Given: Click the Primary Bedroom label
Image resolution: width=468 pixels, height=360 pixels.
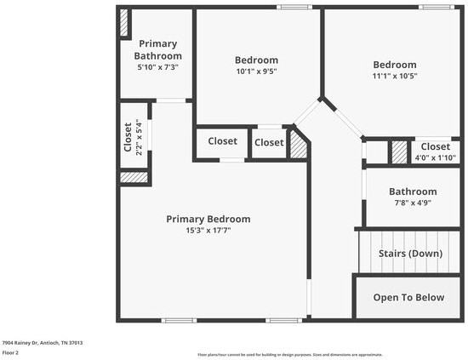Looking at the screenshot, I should click(208, 219).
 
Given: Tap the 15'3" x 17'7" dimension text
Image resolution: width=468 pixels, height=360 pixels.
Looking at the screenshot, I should click(208, 230).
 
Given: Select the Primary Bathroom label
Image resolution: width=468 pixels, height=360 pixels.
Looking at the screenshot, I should click(158, 49).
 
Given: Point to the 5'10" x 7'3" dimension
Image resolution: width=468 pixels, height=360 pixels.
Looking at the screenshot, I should click(158, 66).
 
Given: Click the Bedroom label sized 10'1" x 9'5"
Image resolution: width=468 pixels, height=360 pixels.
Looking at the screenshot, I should click(256, 60).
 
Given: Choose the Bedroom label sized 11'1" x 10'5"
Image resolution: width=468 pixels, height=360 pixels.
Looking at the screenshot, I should click(394, 65).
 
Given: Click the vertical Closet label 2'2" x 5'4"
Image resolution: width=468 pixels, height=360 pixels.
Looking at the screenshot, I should click(128, 137).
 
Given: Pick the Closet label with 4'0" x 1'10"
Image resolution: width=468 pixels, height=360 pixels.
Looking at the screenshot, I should click(435, 146).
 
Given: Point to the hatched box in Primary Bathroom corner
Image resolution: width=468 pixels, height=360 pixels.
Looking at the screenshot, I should click(124, 23).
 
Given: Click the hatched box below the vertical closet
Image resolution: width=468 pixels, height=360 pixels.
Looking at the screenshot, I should click(134, 177).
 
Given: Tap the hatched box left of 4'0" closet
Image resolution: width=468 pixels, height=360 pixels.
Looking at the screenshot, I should click(399, 151).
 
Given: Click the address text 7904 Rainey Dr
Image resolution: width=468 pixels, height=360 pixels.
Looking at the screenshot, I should click(43, 343).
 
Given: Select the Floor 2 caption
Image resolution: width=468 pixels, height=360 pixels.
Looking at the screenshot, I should click(10, 352).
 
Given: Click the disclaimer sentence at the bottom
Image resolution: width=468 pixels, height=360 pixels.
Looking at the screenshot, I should click(289, 354).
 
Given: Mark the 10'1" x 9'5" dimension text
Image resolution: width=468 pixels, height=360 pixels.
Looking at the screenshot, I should click(256, 71).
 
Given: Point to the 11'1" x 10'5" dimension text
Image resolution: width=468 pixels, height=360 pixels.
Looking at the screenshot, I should click(394, 77).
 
